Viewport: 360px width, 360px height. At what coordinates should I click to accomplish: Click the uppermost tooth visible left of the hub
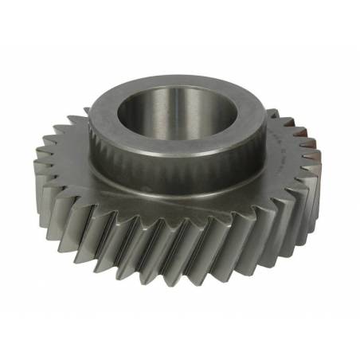coord(76,119)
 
